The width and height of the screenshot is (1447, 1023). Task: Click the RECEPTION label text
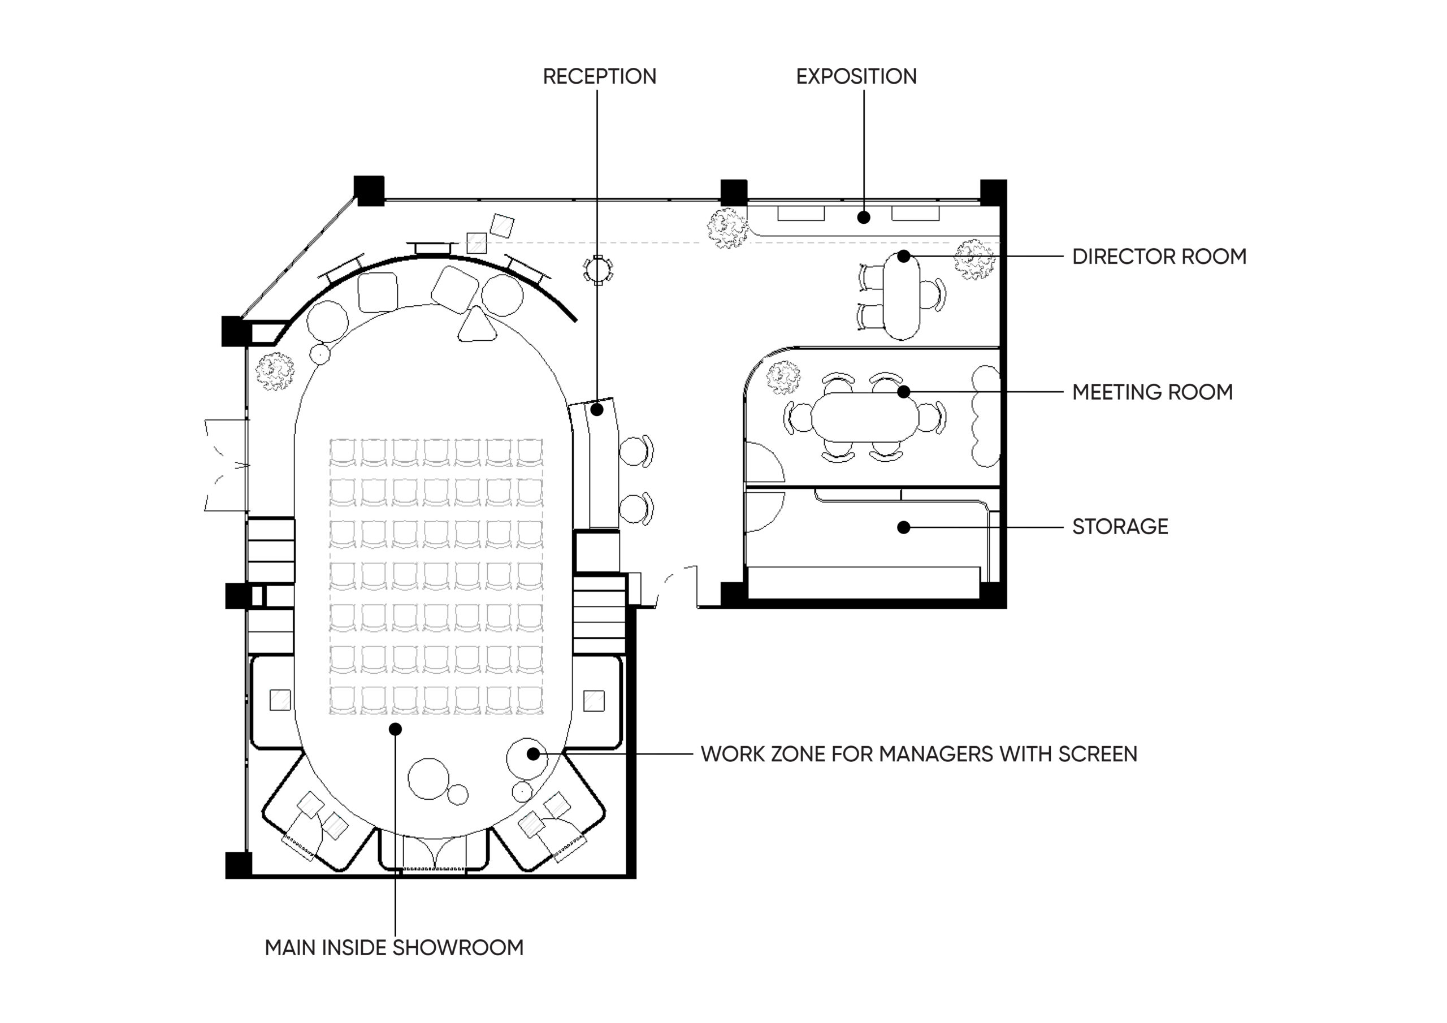(599, 76)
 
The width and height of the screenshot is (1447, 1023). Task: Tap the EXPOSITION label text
(856, 76)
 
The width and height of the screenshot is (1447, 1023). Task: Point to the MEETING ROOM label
(1153, 392)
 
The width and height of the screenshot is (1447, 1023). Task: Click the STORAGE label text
(1120, 526)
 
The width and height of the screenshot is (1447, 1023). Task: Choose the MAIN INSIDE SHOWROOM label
(395, 947)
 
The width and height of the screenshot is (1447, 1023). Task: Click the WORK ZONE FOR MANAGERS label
(919, 754)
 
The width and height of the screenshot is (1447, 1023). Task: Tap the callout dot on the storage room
(904, 527)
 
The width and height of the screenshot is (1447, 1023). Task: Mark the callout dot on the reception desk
(597, 410)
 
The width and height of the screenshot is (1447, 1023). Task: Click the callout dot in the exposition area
(864, 218)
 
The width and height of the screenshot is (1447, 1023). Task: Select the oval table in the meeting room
(865, 417)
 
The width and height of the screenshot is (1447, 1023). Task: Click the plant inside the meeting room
(783, 378)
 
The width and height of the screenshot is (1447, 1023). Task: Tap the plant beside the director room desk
(974, 259)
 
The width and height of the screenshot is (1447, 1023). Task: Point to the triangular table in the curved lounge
(477, 325)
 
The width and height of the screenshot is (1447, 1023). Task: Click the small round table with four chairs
(598, 270)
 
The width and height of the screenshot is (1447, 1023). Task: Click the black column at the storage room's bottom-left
(733, 595)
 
